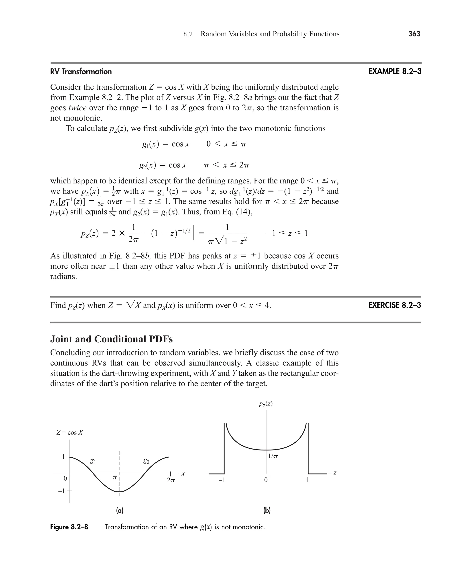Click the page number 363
(x=414, y=34)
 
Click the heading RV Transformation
(x=81, y=72)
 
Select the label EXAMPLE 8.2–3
(x=395, y=71)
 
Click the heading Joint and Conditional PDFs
(x=111, y=339)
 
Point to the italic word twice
(x=77, y=108)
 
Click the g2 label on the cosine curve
(x=146, y=461)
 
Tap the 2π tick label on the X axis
(x=171, y=480)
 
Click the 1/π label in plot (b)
(x=273, y=456)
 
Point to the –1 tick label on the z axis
(x=222, y=480)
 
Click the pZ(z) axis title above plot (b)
(x=266, y=404)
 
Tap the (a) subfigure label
(x=120, y=511)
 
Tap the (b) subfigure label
(x=267, y=511)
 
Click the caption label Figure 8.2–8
(x=69, y=527)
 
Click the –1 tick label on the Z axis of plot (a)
(x=61, y=491)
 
